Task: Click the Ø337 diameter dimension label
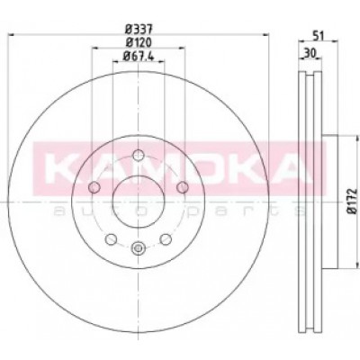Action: [139, 30]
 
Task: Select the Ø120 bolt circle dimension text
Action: [139, 42]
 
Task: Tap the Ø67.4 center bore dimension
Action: [139, 56]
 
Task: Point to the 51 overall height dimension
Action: [318, 36]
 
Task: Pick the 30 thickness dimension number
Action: [310, 53]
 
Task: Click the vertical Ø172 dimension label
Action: [352, 201]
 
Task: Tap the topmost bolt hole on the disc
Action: [139, 155]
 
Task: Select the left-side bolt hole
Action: [94, 187]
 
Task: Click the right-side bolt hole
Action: [182, 187]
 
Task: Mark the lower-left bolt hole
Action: [112, 239]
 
